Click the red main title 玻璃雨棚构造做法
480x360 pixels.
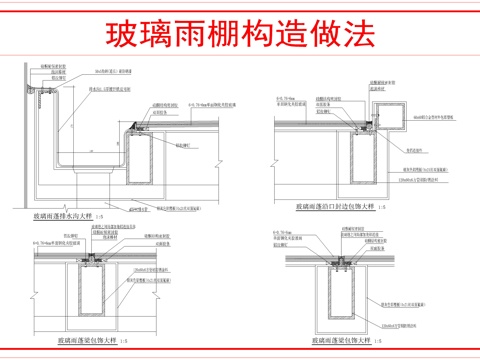[240, 32]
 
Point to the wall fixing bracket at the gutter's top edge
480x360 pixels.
[42, 95]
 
